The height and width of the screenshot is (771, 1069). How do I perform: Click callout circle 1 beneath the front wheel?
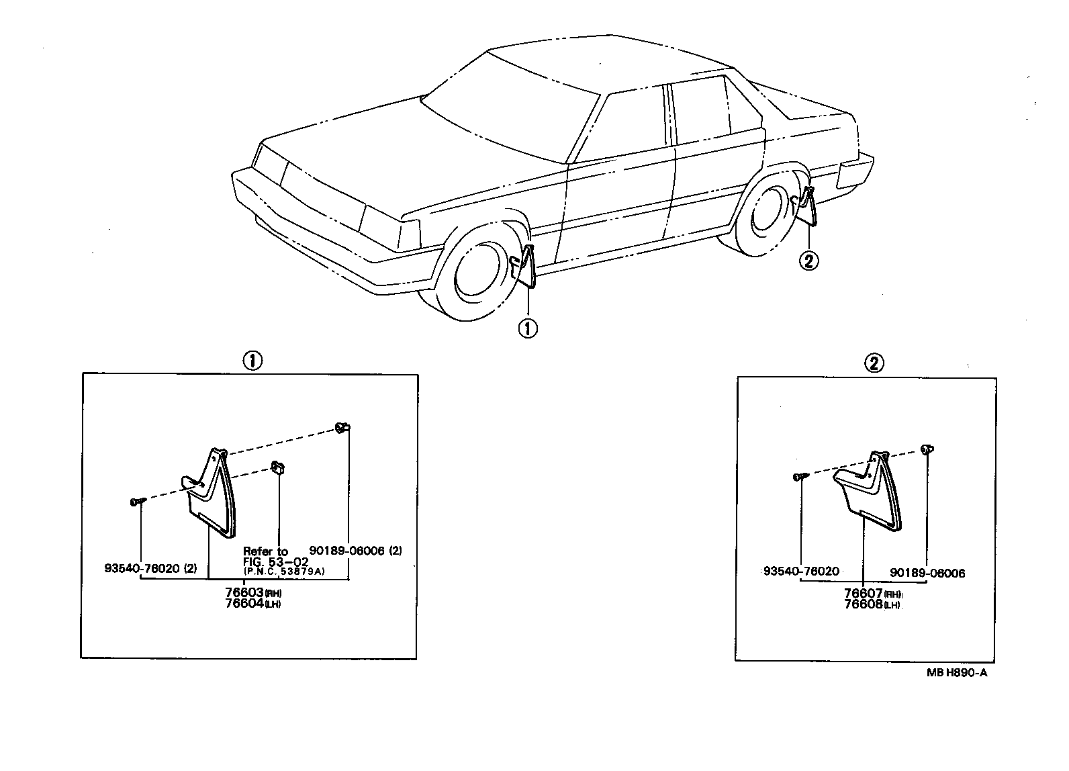pyautogui.click(x=528, y=328)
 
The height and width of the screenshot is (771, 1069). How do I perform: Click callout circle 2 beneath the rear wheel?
pyautogui.click(x=808, y=260)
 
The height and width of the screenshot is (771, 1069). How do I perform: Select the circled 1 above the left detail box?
pyautogui.click(x=251, y=361)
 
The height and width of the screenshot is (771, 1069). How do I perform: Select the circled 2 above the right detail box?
pyautogui.click(x=874, y=363)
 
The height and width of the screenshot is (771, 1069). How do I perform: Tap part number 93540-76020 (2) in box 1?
pyautogui.click(x=150, y=568)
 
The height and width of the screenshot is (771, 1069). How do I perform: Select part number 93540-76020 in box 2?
pyautogui.click(x=801, y=572)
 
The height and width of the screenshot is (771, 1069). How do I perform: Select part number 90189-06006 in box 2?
pyautogui.click(x=927, y=573)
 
